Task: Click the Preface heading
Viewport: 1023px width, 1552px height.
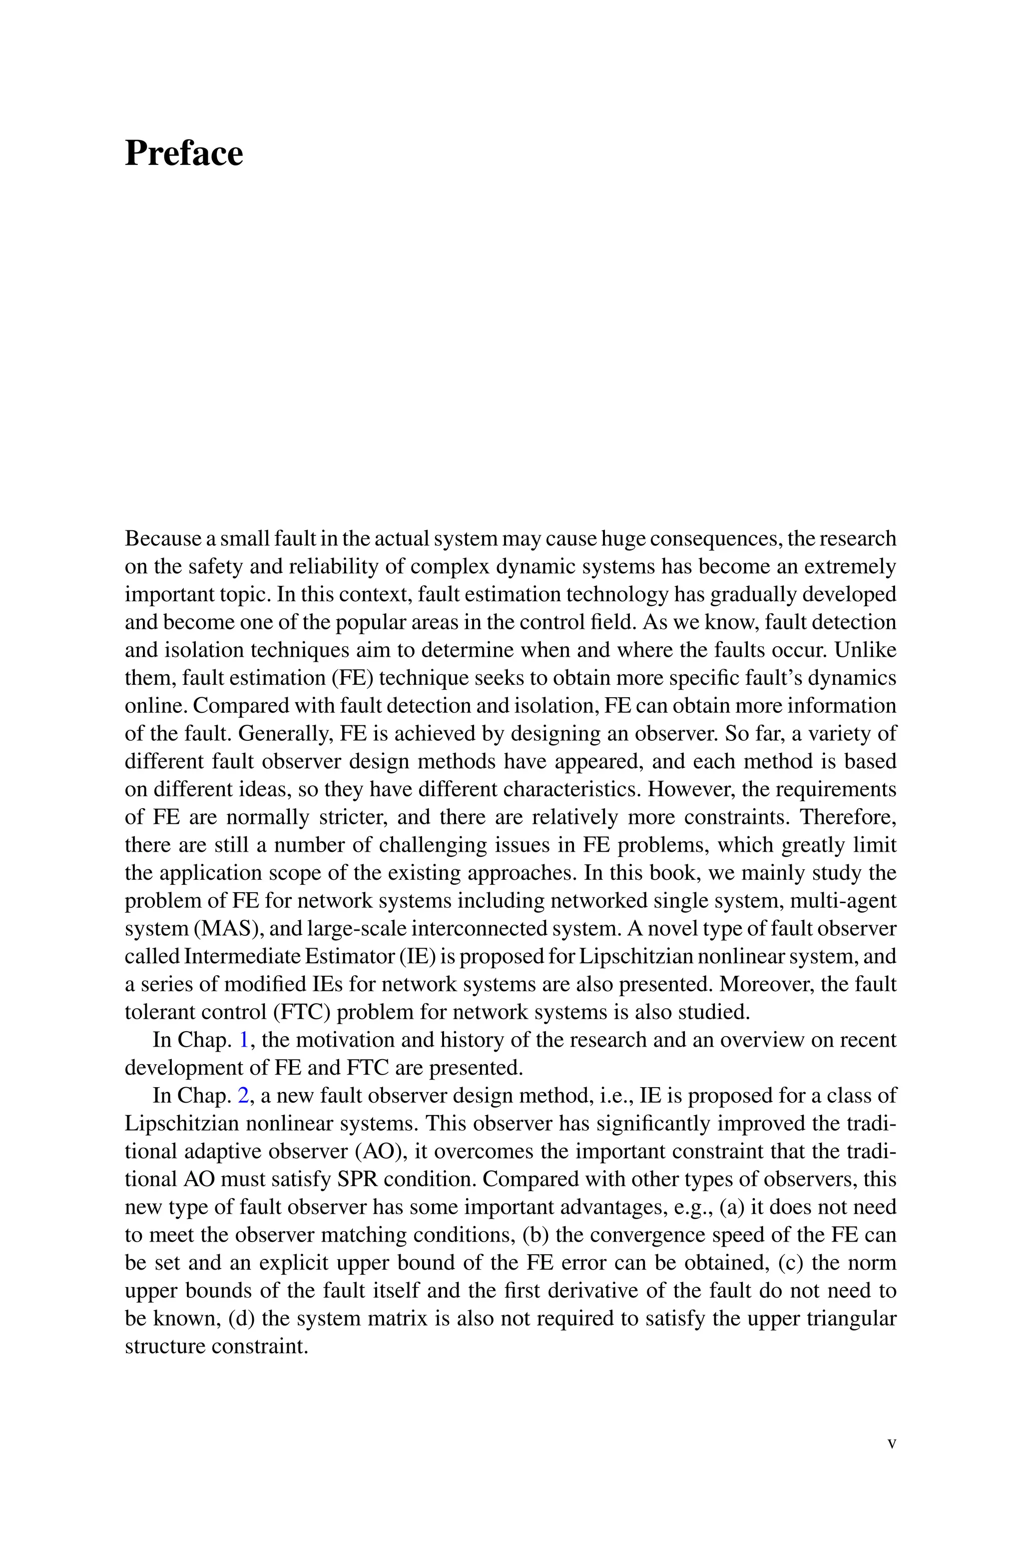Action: pos(183,154)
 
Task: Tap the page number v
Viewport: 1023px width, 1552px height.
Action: pos(892,1443)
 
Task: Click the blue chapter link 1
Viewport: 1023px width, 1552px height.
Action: pos(244,1040)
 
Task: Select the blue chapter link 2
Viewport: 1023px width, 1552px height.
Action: pos(243,1095)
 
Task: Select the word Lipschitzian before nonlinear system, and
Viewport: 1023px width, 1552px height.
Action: pos(629,957)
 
